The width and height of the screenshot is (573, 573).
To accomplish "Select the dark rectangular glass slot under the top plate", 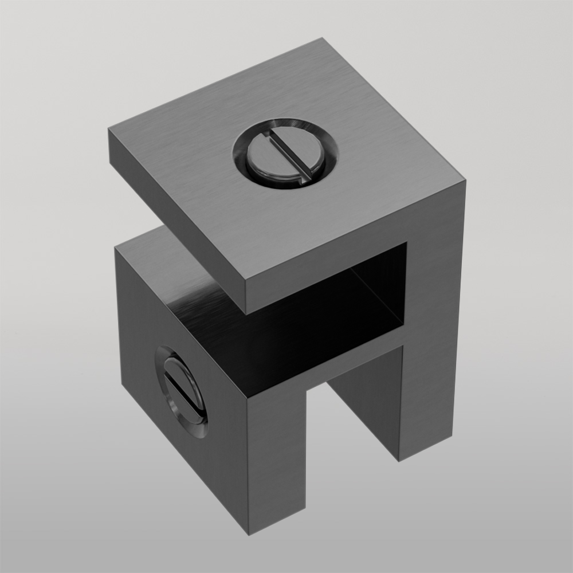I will (x=321, y=321).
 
